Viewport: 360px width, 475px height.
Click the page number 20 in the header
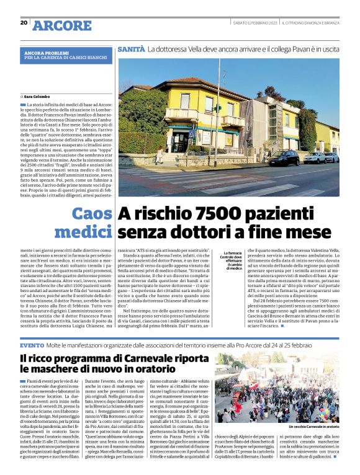[x=24, y=23]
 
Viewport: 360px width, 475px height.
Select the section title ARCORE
[x=61, y=25]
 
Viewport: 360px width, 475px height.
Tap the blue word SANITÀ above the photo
[x=131, y=48]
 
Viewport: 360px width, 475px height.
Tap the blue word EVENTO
[x=32, y=345]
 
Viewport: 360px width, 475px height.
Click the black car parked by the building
[x=282, y=159]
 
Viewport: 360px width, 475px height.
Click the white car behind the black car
[x=315, y=158]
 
